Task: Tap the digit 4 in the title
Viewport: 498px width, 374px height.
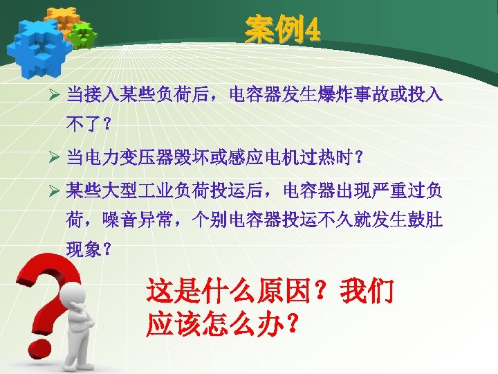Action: coord(311,31)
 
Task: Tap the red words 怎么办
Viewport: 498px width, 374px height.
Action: coord(246,323)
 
